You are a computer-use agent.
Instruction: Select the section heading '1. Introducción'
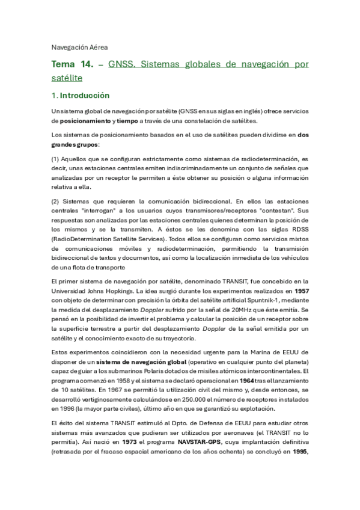pyautogui.click(x=80, y=95)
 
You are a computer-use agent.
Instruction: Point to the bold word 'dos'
pyautogui.click(x=303, y=135)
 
